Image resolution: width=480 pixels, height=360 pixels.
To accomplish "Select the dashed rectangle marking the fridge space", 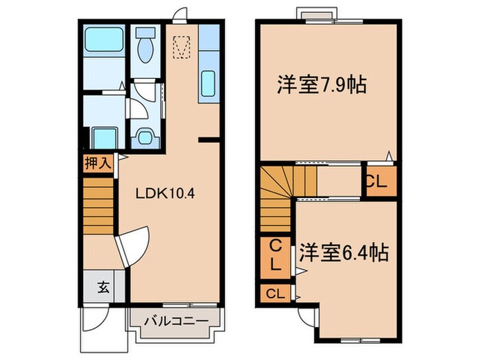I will click(181, 47).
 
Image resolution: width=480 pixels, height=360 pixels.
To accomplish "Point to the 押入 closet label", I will click(97, 163).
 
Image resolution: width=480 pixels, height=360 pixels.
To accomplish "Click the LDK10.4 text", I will click(165, 193).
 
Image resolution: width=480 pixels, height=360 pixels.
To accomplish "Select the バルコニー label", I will click(176, 320).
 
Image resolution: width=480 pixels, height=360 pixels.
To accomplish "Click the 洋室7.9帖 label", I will click(321, 85).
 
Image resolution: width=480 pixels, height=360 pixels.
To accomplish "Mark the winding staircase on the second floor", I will click(278, 199).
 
